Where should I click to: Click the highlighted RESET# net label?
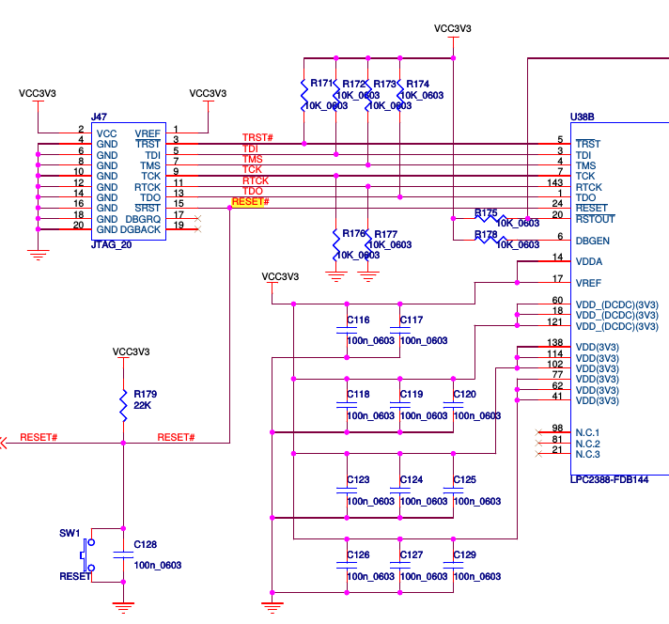pyautogui.click(x=250, y=202)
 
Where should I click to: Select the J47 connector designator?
pyautogui.click(x=98, y=117)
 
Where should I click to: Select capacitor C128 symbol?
pyautogui.click(x=122, y=554)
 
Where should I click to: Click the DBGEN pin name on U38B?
pyautogui.click(x=593, y=240)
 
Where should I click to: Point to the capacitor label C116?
pyautogui.click(x=358, y=320)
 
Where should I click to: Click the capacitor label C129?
pyautogui.click(x=464, y=555)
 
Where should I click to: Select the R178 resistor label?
pyautogui.click(x=486, y=234)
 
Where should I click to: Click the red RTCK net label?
pyautogui.click(x=256, y=180)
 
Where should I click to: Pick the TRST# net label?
pyautogui.click(x=257, y=138)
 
